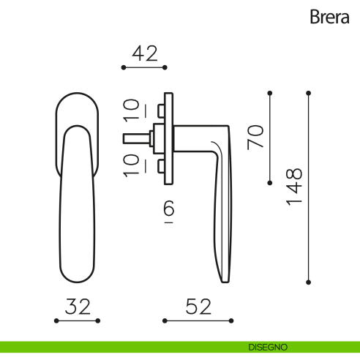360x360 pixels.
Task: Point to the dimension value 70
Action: pyautogui.click(x=255, y=137)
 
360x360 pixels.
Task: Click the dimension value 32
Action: pyautogui.click(x=77, y=307)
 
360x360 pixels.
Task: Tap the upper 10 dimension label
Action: pyautogui.click(x=131, y=110)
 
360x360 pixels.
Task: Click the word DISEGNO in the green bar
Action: pyautogui.click(x=268, y=346)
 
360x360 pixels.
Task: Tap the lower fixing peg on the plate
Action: pyautogui.click(x=160, y=165)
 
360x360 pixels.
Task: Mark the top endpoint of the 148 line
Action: pyautogui.click(x=308, y=93)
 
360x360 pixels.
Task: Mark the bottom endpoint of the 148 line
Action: pyautogui.click(x=308, y=282)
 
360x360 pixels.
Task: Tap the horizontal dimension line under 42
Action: pyautogui.click(x=144, y=67)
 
